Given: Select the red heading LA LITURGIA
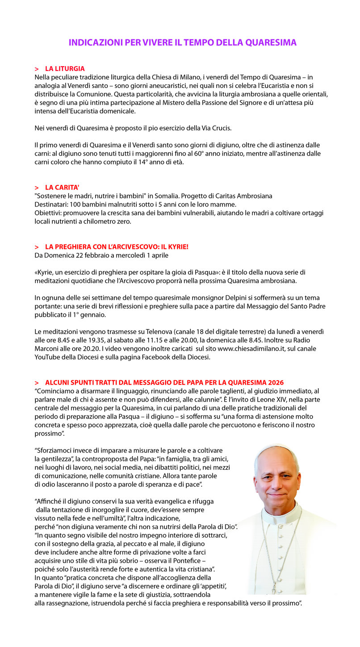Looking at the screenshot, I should [65, 69].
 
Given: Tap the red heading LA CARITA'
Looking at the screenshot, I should [62, 187].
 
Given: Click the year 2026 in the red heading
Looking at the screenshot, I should [276, 382].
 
